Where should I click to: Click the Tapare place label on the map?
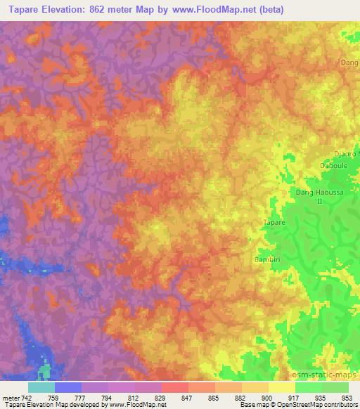[x=274, y=222]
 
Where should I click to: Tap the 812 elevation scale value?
[x=135, y=397]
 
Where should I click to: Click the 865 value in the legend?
[x=214, y=397]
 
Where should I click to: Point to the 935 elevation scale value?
[x=321, y=397]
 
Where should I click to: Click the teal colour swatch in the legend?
[x=41, y=387]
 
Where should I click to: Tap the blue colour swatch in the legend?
[x=68, y=387]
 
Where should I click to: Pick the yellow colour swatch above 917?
[x=282, y=387]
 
